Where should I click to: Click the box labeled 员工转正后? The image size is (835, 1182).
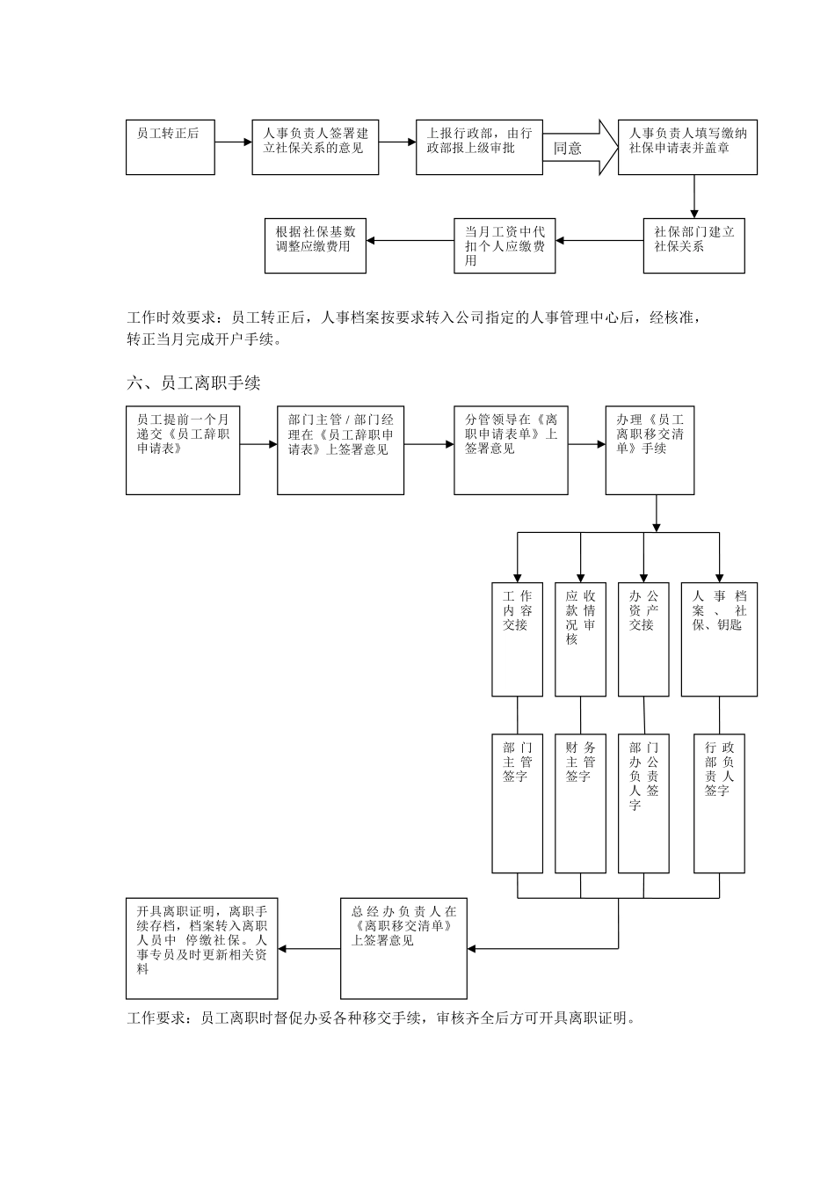(x=171, y=147)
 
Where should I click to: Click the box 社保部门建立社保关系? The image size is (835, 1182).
(x=693, y=245)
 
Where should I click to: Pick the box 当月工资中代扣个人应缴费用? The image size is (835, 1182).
(x=505, y=245)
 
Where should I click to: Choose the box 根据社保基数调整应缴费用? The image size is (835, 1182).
(x=316, y=245)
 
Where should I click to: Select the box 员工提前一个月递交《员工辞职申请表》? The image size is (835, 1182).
(x=183, y=449)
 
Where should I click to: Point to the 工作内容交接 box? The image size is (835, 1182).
(x=517, y=639)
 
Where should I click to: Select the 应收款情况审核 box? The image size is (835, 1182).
(x=580, y=639)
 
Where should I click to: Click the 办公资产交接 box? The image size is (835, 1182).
(x=643, y=639)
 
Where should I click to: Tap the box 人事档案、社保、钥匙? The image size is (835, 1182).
(x=719, y=639)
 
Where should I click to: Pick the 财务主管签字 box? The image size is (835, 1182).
(x=580, y=803)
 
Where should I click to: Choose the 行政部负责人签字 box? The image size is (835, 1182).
(x=719, y=803)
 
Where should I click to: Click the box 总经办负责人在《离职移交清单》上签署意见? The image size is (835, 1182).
(x=404, y=948)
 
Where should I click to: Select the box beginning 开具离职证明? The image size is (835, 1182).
(x=202, y=948)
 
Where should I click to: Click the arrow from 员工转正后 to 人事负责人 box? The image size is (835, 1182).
(x=234, y=142)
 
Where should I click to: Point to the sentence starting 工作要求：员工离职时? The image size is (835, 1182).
(x=381, y=1018)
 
